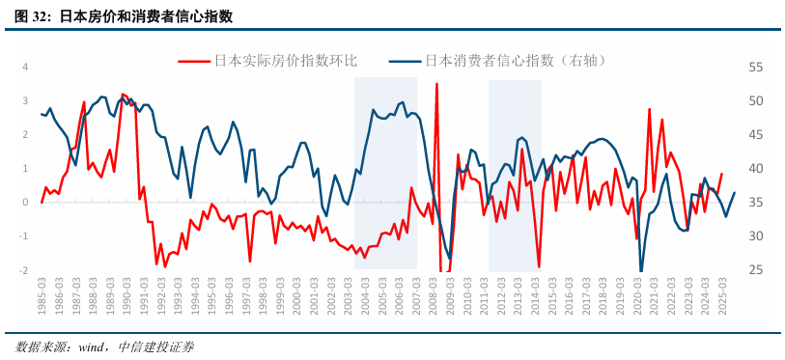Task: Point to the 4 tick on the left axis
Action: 25,67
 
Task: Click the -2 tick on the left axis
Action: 24,270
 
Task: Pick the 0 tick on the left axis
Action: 25,203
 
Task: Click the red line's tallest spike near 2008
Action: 436,85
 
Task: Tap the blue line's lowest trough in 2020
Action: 641,271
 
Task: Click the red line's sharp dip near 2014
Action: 539,266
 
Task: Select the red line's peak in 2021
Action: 650,109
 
